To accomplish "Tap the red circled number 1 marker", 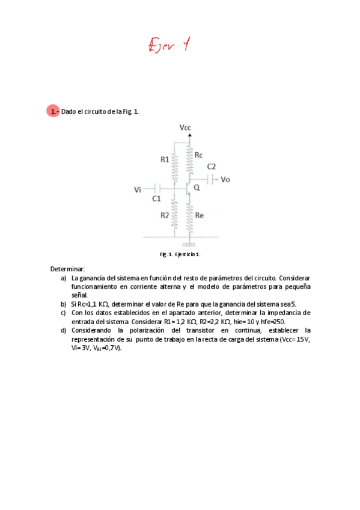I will (53, 111).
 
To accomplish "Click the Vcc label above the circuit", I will (186, 127).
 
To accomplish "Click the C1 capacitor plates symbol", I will (156, 189).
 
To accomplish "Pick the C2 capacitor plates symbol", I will (211, 179).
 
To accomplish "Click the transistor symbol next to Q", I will (189, 189).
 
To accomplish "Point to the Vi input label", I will (138, 190).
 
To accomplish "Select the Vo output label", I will (225, 179).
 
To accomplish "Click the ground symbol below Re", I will (189, 245).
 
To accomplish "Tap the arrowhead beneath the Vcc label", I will (190, 135).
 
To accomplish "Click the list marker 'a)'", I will (63, 278).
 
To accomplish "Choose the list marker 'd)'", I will (63, 331).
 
